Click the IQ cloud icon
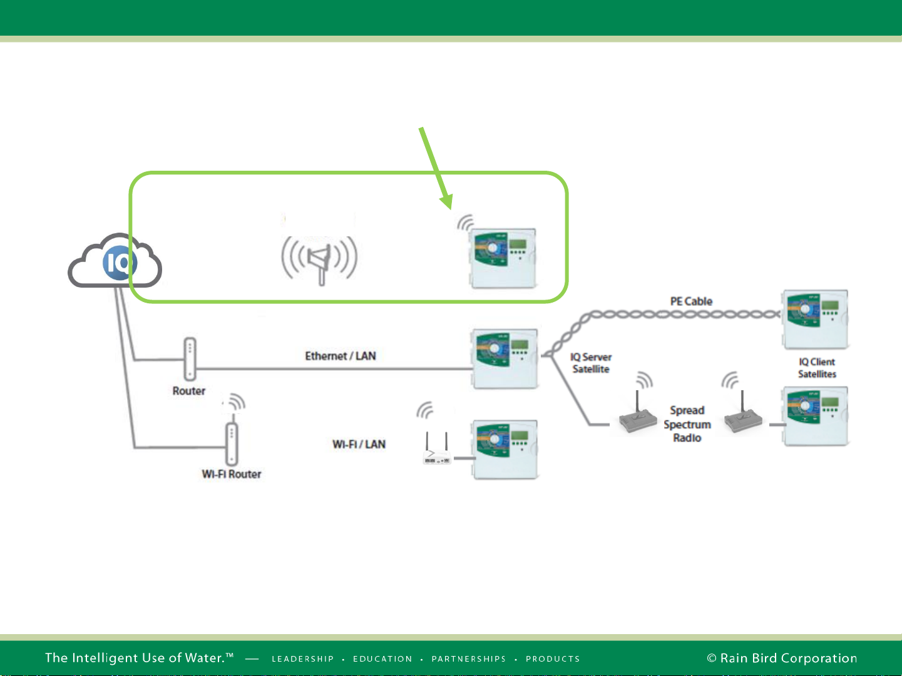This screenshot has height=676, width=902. click(115, 260)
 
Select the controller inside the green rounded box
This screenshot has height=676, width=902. click(503, 258)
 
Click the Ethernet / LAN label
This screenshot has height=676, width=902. click(341, 356)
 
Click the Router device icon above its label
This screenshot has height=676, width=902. click(190, 359)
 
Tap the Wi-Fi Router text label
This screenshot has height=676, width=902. click(232, 474)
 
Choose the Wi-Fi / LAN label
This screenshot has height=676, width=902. click(359, 444)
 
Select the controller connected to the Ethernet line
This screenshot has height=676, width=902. click(505, 358)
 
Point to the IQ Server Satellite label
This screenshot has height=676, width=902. click(591, 363)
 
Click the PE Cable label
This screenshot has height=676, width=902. click(691, 301)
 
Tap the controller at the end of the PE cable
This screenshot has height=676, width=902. click(815, 320)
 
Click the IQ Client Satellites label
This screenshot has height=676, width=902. click(817, 368)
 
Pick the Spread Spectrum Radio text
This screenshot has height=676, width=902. click(687, 424)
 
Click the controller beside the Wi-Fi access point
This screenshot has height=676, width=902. click(505, 450)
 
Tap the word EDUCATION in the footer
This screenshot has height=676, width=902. click(382, 658)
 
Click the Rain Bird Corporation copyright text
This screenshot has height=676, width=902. click(782, 658)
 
